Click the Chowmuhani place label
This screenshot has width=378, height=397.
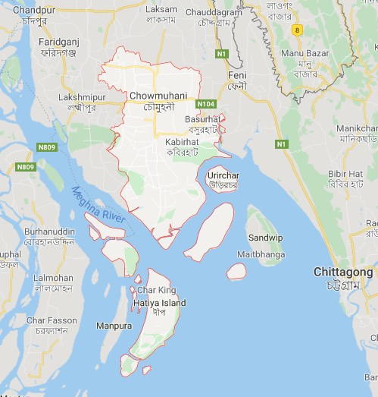156,96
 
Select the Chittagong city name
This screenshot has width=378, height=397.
343,272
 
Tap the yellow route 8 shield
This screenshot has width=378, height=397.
298,30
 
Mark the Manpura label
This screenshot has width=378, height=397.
114,326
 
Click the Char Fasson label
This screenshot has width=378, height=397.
52,320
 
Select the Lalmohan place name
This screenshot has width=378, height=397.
54,279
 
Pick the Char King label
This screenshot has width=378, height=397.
157,291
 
